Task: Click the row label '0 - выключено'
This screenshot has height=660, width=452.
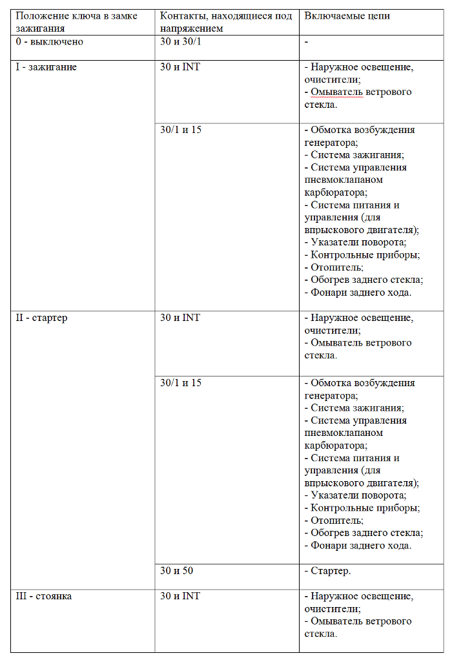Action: (x=50, y=42)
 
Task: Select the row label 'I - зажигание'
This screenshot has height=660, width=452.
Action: (x=46, y=67)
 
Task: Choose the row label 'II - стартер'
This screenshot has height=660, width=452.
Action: (x=41, y=318)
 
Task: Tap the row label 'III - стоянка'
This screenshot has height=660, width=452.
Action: (x=43, y=596)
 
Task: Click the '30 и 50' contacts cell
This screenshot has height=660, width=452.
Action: (x=177, y=571)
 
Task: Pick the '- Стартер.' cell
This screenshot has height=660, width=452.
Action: (x=328, y=571)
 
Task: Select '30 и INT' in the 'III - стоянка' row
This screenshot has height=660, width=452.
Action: (x=180, y=596)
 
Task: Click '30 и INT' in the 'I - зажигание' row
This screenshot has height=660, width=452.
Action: (x=180, y=67)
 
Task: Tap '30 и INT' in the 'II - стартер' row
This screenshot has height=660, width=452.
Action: (x=180, y=318)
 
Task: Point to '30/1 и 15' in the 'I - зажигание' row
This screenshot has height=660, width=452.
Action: (x=181, y=130)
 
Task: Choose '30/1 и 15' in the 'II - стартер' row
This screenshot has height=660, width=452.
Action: (x=181, y=383)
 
